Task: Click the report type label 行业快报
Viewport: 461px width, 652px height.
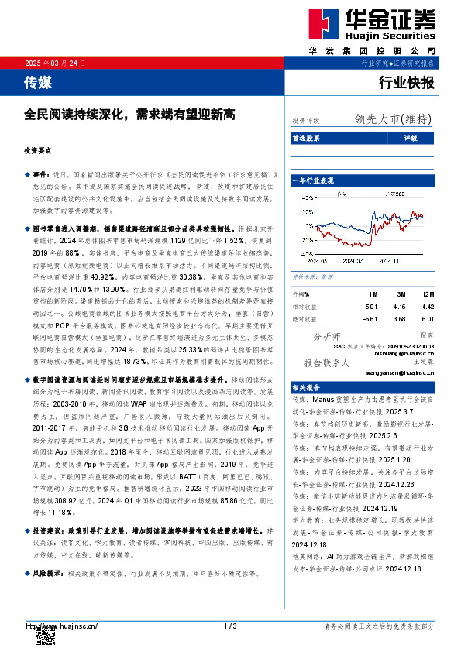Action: tap(407, 81)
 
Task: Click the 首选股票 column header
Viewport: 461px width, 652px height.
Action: tap(307, 137)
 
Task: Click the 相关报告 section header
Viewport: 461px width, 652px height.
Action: tap(307, 386)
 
